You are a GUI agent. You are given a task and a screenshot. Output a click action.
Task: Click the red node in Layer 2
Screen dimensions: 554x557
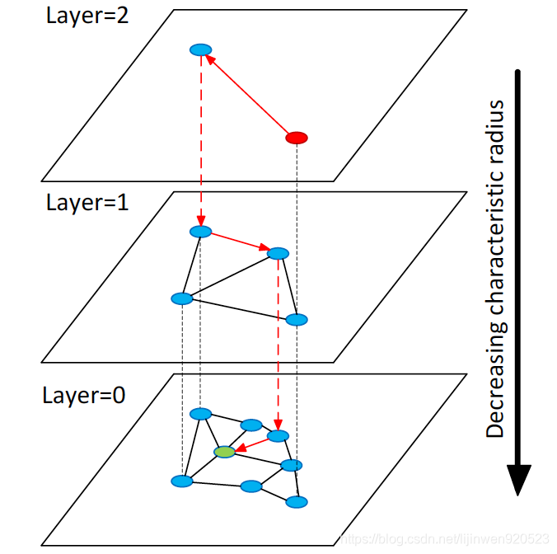(x=296, y=137)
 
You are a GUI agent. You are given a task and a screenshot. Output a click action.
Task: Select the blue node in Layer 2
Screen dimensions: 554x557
(x=200, y=50)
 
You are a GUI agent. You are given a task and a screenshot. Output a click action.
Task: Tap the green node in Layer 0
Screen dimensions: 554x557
(x=224, y=452)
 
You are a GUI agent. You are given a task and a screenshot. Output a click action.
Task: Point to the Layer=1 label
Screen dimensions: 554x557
(x=87, y=204)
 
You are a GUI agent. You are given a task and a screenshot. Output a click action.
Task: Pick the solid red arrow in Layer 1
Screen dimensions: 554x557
(x=239, y=242)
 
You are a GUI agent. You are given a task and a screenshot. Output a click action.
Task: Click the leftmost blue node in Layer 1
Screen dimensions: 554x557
(x=181, y=298)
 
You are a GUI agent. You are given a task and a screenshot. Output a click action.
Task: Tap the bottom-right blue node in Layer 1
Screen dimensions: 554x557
(x=296, y=320)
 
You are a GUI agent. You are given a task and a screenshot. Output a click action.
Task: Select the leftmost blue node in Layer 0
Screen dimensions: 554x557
(x=182, y=481)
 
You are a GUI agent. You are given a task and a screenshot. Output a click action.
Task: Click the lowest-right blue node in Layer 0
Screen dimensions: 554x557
(x=297, y=501)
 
